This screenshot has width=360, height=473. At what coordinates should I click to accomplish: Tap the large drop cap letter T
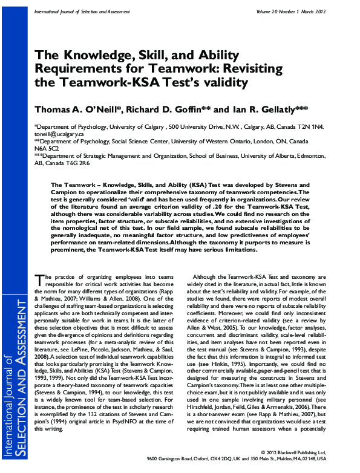click(x=40, y=280)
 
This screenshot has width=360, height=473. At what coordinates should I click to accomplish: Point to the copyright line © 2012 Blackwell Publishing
click(x=299, y=452)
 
